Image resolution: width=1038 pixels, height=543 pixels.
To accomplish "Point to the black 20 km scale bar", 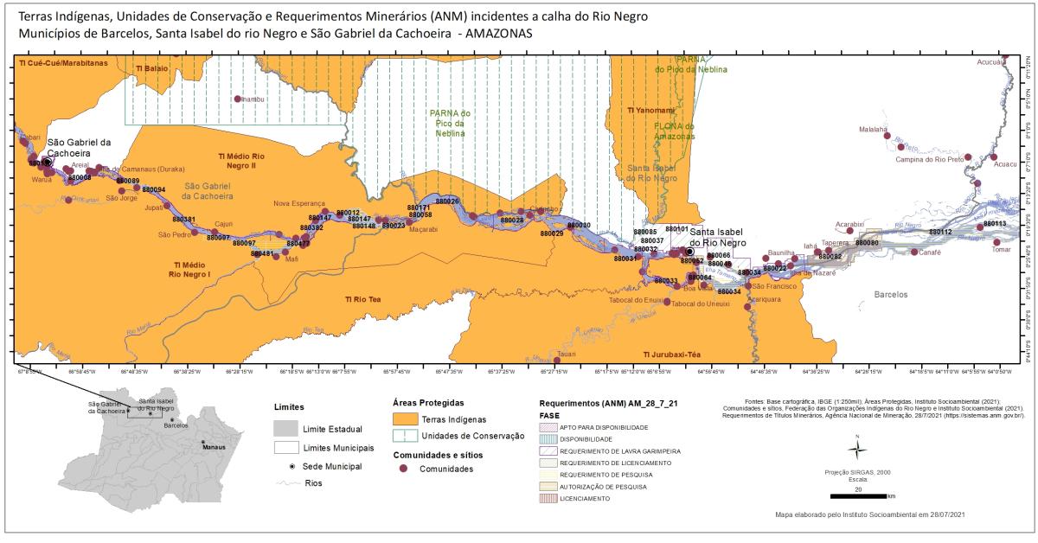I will [857, 496].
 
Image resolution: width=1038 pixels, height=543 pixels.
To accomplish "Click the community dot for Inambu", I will [237, 99].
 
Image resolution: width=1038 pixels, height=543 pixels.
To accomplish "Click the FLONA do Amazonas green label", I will [675, 131].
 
